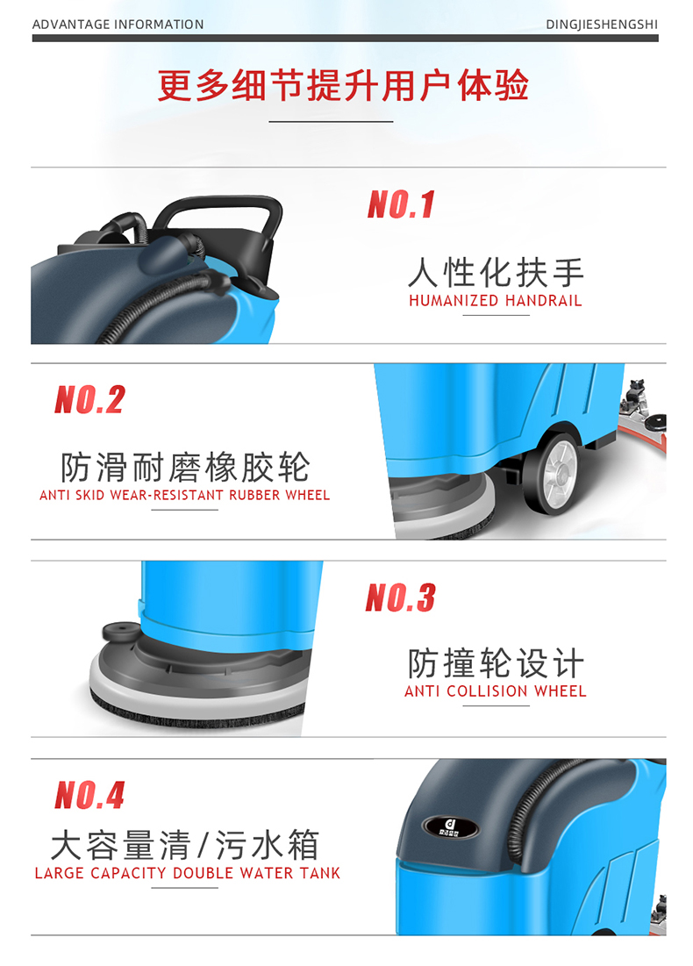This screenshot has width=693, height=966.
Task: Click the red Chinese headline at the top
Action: click(342, 85)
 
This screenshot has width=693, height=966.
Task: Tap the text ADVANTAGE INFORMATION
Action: click(118, 25)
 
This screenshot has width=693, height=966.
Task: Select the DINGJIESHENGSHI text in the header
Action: click(602, 25)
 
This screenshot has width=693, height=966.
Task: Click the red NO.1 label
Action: click(401, 204)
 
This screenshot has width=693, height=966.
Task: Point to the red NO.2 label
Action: click(90, 399)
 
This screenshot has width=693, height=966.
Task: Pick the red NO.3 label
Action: click(400, 597)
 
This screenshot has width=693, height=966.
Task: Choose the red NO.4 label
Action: click(90, 795)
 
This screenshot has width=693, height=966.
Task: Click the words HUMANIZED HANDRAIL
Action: click(496, 301)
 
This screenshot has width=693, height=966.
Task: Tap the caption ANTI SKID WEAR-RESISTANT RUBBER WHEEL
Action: click(185, 496)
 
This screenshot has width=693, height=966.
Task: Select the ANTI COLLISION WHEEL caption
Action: click(496, 691)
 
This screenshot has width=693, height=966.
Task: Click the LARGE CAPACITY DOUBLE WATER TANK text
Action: click(187, 873)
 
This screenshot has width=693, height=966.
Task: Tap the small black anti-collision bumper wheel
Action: click(121, 632)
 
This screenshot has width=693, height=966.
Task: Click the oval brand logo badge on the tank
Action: click(450, 827)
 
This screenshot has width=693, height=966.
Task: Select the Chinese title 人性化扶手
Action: click(496, 272)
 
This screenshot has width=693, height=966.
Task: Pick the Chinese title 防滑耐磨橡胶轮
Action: click(185, 467)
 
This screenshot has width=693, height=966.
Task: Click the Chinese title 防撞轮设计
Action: click(496, 663)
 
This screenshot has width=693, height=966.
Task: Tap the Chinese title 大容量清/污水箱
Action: click(185, 845)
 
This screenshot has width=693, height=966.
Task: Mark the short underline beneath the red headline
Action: click(331, 121)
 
